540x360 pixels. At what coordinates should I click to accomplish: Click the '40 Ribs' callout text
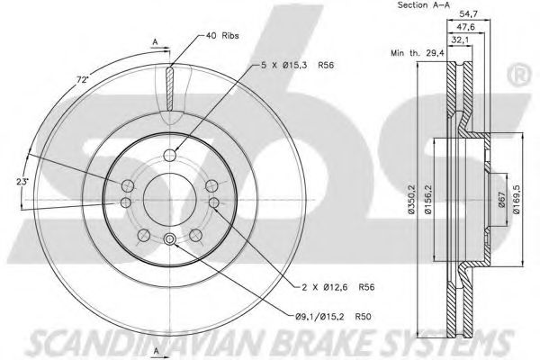click(222, 35)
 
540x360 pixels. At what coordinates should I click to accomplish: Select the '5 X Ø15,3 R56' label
click(297, 65)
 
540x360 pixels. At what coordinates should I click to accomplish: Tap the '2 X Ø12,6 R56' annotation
click(337, 287)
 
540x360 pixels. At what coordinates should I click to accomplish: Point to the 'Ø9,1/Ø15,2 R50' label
click(333, 316)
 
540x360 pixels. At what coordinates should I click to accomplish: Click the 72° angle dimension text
click(82, 79)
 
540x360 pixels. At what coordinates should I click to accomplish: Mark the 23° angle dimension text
click(22, 181)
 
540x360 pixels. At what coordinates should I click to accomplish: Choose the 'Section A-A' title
click(424, 4)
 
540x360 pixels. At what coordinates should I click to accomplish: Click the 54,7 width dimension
click(469, 14)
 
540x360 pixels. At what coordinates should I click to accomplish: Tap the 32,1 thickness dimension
click(460, 40)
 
